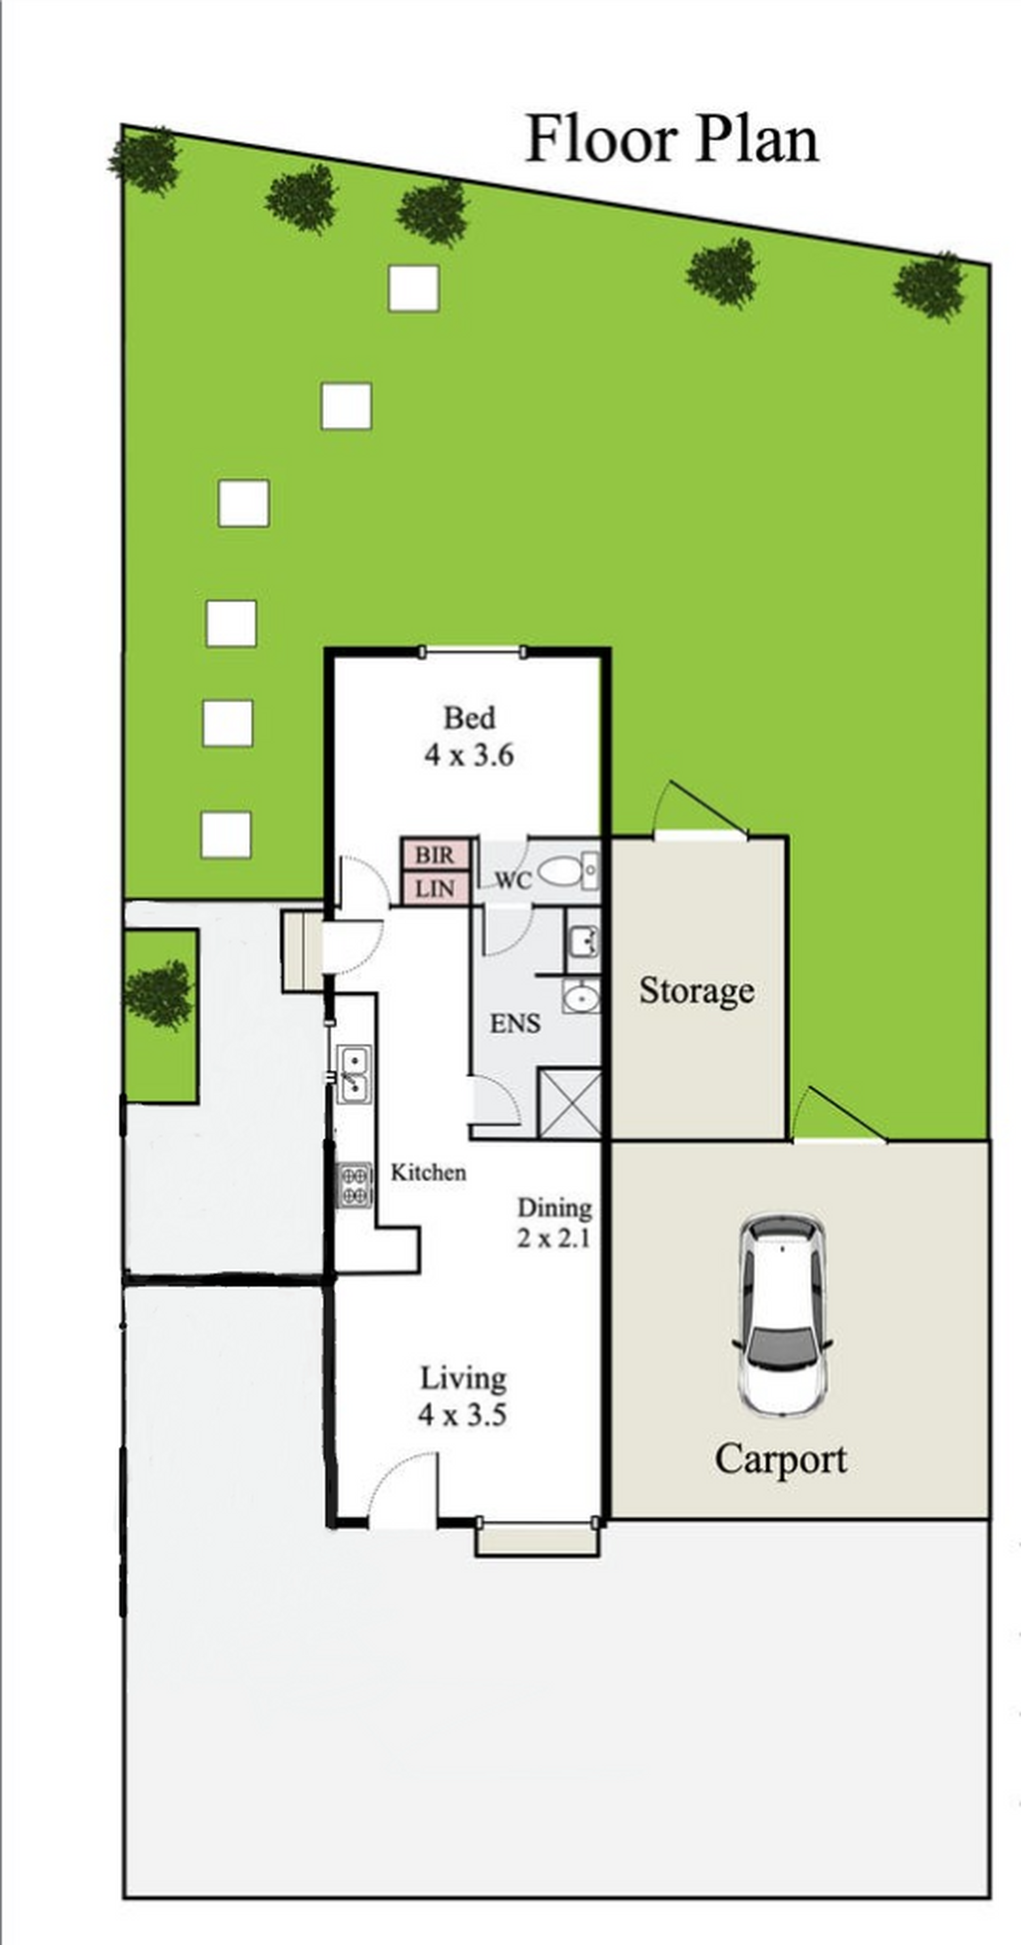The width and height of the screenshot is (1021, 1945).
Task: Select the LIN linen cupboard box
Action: (x=435, y=888)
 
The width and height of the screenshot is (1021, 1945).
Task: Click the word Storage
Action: (x=696, y=991)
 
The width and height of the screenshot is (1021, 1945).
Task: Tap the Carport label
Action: (x=781, y=1460)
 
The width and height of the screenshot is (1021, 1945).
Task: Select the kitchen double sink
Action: (x=353, y=1074)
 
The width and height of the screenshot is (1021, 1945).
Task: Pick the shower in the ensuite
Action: (x=570, y=1103)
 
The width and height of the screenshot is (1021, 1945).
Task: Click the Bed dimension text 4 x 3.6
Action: (x=469, y=754)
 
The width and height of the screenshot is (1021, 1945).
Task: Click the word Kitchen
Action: (x=428, y=1172)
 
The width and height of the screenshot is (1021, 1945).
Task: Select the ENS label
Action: (x=515, y=1024)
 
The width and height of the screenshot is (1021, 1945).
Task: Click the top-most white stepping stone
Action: (x=413, y=288)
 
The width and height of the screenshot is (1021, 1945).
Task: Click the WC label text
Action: (x=514, y=879)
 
